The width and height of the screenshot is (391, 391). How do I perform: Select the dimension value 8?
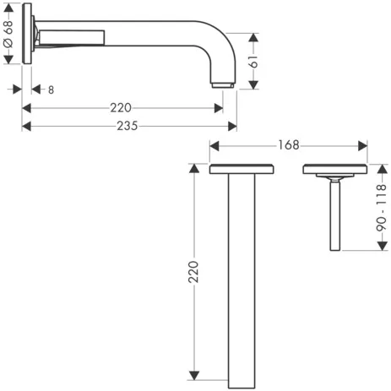click(52, 89)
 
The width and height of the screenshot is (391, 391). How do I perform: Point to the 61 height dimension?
click(264, 60)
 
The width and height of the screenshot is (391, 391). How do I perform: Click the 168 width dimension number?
click(288, 145)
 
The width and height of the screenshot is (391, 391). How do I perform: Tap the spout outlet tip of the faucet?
click(222, 84)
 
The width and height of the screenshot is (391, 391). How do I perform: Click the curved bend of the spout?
click(221, 42)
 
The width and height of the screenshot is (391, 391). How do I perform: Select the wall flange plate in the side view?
click(29, 35)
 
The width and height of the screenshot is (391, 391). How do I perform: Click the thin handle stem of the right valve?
click(335, 215)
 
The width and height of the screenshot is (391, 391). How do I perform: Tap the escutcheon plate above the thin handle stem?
click(334, 169)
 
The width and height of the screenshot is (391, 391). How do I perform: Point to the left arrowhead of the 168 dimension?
click(213, 145)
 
